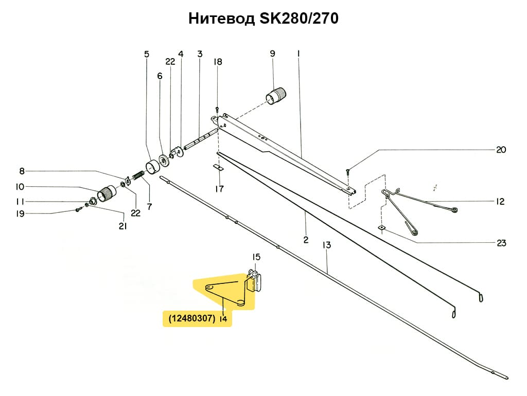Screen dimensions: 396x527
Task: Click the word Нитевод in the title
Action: (221, 19)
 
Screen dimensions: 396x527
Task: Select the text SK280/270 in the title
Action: (298, 19)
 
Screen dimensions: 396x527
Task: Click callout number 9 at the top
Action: (272, 53)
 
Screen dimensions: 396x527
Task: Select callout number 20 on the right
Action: (501, 150)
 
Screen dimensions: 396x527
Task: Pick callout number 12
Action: (500, 202)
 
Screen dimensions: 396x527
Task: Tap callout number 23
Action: (501, 243)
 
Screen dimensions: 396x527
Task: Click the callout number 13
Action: (327, 245)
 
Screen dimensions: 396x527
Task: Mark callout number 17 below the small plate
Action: (219, 189)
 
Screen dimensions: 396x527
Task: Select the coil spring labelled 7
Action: (137, 177)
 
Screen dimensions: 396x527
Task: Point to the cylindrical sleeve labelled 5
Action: (152, 167)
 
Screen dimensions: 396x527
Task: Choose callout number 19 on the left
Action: (20, 214)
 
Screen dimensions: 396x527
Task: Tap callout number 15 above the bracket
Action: (256, 257)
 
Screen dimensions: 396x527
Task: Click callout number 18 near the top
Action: (218, 62)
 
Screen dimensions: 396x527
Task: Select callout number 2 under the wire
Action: (305, 239)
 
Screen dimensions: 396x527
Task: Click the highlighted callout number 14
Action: (223, 319)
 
